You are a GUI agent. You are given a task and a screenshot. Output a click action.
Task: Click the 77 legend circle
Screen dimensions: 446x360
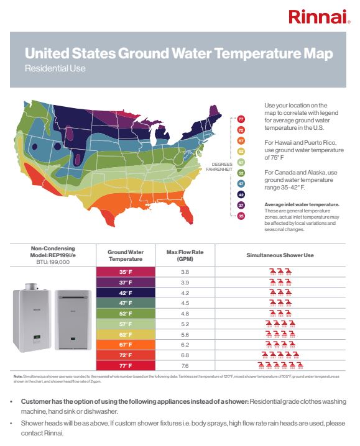(x=241, y=119)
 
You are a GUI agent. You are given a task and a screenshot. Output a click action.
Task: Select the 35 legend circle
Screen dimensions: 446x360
(x=241, y=216)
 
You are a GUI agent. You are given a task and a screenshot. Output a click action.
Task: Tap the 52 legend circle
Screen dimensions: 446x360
(x=241, y=172)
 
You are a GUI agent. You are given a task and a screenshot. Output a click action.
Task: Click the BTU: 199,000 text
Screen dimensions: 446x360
(x=48, y=263)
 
